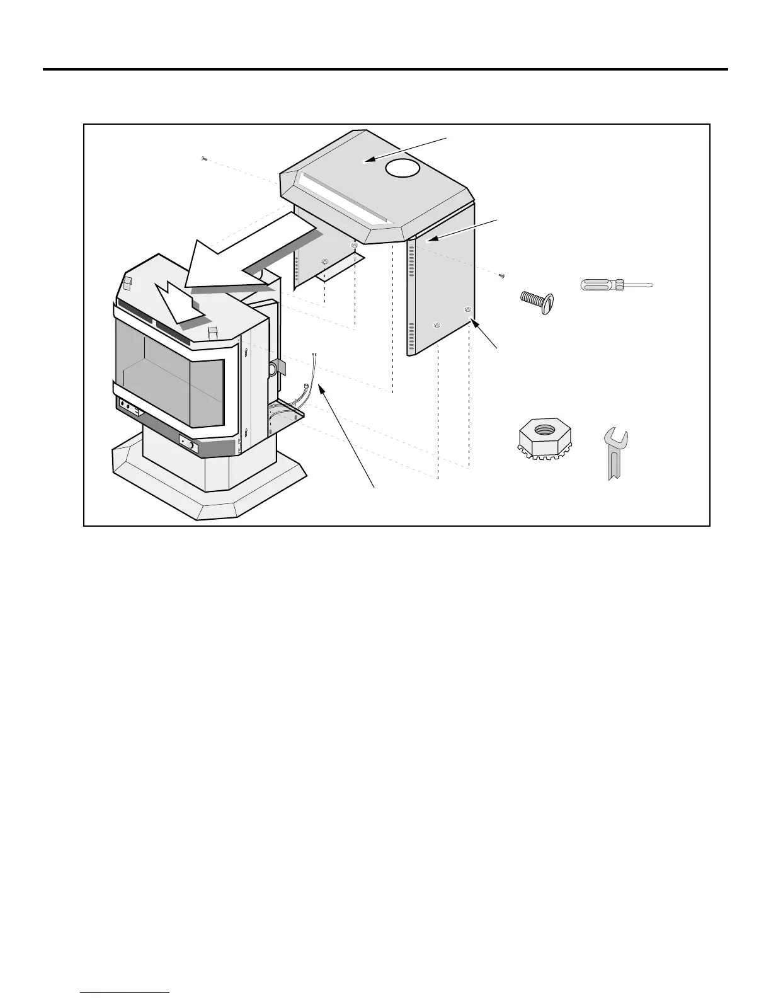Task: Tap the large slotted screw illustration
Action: [539, 301]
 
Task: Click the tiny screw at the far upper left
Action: [203, 159]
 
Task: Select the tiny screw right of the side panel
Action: [501, 275]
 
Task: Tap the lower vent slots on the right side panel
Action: [411, 337]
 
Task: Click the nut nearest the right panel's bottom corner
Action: [466, 309]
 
